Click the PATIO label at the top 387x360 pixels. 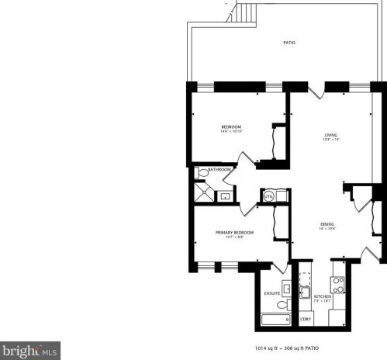pos(288,43)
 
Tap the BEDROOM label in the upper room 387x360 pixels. pos(230,126)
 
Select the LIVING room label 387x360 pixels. pos(332,135)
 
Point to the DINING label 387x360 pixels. pos(327,224)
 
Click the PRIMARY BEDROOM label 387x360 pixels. pos(234,232)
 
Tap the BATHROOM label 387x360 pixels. pos(219,168)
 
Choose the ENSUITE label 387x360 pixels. pos(271,292)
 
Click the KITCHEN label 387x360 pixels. pos(323,296)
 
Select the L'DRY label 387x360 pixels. pos(306,319)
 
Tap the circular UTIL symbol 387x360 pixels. pos(269,196)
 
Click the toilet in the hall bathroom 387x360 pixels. pos(203,173)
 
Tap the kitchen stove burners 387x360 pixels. pos(337,281)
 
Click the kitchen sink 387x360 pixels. pos(306,292)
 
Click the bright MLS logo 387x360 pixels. pos(29,351)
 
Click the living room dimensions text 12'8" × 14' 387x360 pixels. pos(332,140)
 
